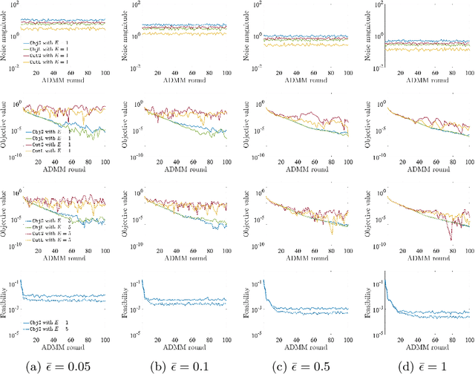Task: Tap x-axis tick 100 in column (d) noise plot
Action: (466, 73)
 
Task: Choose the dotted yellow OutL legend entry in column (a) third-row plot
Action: (43, 240)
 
